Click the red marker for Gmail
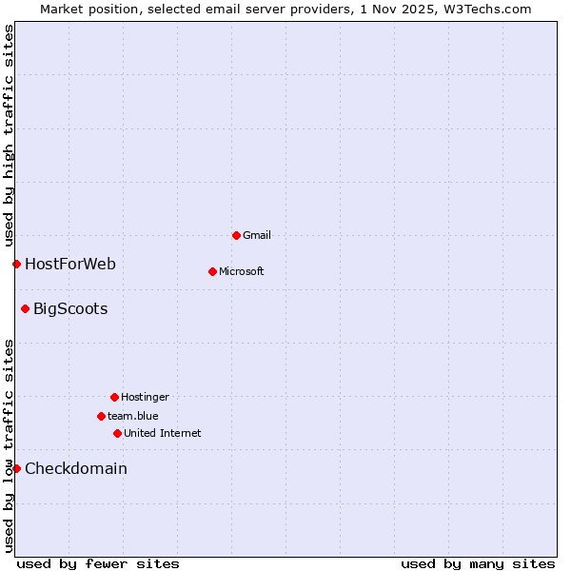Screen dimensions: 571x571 (236, 235)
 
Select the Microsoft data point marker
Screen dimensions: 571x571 (212, 271)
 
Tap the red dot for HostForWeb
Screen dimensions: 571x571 (16, 264)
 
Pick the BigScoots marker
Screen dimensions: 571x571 (25, 308)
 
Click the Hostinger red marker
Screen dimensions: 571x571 (114, 397)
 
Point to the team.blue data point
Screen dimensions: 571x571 (101, 416)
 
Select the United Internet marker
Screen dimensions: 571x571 (117, 433)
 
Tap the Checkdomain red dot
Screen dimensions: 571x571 (16, 468)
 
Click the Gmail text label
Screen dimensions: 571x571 (257, 235)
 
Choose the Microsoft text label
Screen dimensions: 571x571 (241, 271)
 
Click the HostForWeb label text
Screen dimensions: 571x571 (70, 264)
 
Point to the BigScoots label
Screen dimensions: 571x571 (70, 308)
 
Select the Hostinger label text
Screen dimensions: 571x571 (145, 397)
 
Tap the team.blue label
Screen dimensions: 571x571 (132, 416)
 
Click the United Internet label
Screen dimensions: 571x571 (162, 433)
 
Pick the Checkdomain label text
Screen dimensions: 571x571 (76, 468)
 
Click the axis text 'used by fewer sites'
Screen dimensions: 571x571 (98, 563)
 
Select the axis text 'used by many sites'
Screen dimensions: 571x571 (478, 563)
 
